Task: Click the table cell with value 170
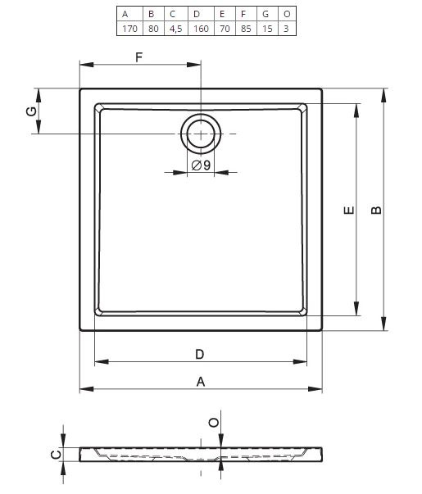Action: click(129, 29)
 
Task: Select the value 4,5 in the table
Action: click(176, 29)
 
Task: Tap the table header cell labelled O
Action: click(287, 14)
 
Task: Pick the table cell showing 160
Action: click(201, 29)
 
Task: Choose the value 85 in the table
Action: click(246, 29)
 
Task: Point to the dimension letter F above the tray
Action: click(139, 57)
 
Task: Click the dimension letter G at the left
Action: click(31, 111)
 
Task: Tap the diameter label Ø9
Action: click(201, 165)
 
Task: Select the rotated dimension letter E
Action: click(349, 211)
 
